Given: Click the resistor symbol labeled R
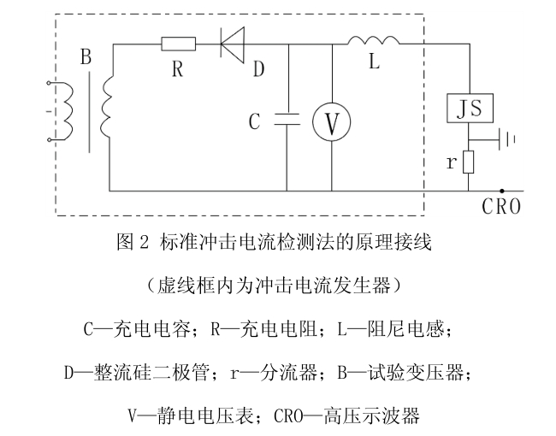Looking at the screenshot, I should (179, 43).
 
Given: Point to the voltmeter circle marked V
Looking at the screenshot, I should (330, 123).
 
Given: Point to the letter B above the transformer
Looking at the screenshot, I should (85, 58).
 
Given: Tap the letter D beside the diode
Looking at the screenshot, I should (257, 68).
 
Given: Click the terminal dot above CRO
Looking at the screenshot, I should (501, 191).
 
